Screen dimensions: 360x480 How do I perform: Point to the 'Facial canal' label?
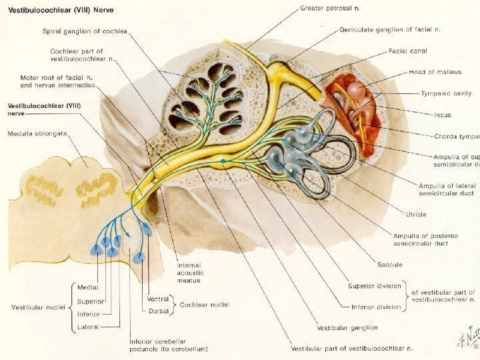click(x=409, y=51)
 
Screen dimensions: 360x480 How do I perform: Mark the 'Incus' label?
click(x=442, y=115)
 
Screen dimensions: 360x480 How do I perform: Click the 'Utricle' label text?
click(x=416, y=215)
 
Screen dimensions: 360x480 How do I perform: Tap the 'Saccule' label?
click(x=388, y=265)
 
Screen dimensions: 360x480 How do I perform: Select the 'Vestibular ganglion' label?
click(x=347, y=328)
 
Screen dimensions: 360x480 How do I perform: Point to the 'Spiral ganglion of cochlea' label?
click(x=85, y=30)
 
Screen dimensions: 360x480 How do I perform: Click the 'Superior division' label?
click(x=375, y=286)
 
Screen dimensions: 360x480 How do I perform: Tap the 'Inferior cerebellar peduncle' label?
click(x=168, y=344)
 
